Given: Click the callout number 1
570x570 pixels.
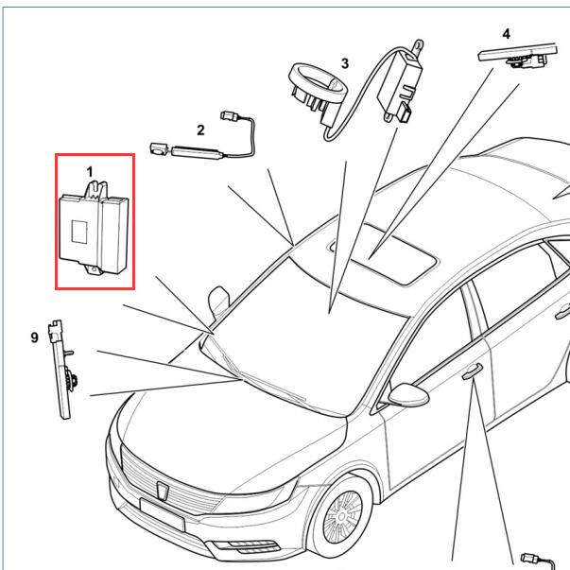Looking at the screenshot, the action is [x=90, y=172].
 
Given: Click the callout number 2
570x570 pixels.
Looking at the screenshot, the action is [x=200, y=130].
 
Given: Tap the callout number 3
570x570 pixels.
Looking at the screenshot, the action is [x=345, y=63].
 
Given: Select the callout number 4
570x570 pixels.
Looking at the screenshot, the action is [x=506, y=34].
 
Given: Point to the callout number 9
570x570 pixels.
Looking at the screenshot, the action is [x=34, y=337].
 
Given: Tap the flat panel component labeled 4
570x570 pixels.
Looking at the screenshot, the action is [x=517, y=55].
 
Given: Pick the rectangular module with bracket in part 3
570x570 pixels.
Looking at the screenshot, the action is [x=399, y=82].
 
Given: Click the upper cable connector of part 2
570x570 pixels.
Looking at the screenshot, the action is [x=229, y=115].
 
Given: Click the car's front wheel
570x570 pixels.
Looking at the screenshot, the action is [x=340, y=515].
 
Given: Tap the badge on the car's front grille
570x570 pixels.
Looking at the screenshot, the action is [x=163, y=490].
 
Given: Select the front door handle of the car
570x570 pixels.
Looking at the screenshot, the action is [x=473, y=371].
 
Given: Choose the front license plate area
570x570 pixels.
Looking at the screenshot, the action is [x=163, y=515].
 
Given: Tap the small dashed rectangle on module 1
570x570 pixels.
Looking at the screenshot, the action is [x=79, y=232].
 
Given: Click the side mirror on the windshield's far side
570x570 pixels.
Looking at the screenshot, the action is [x=219, y=301].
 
